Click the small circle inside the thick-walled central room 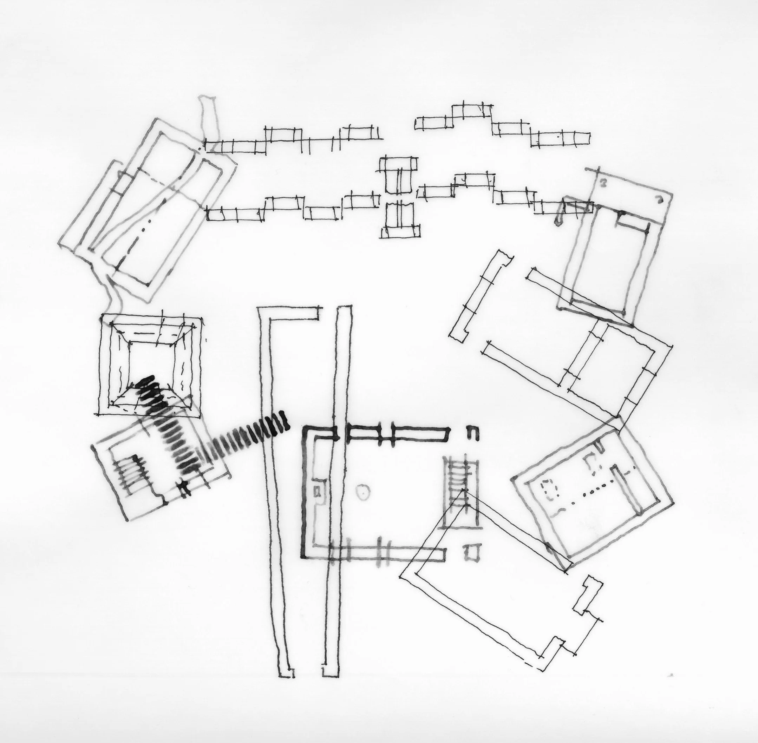pos(363,493)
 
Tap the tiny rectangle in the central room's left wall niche pos(318,491)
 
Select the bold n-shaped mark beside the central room pos(473,432)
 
